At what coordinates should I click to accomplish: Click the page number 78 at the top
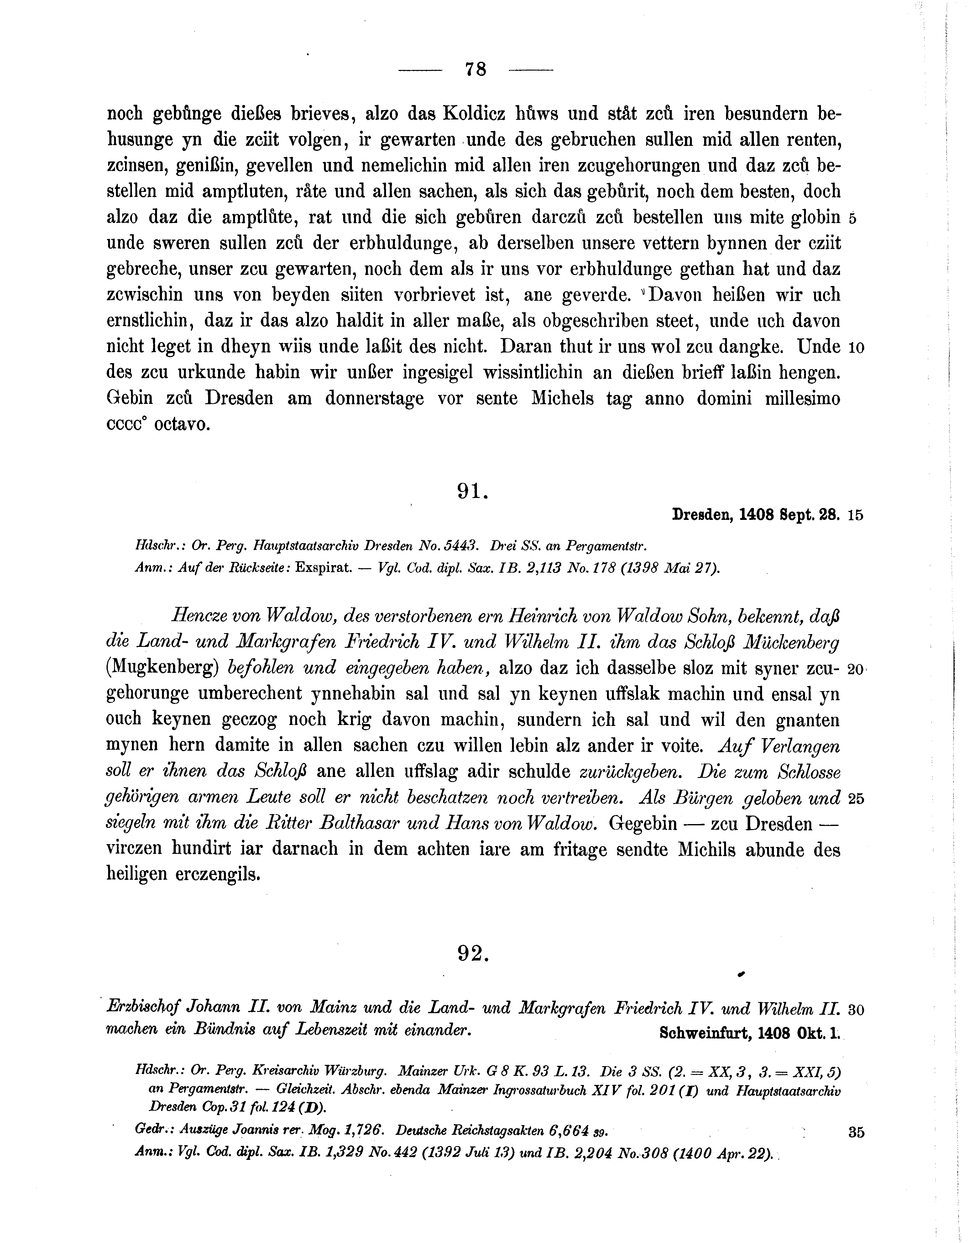[475, 70]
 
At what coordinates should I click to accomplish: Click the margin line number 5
[852, 219]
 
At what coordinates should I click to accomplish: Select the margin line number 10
[856, 348]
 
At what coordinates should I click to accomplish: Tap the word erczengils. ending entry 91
[218, 874]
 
